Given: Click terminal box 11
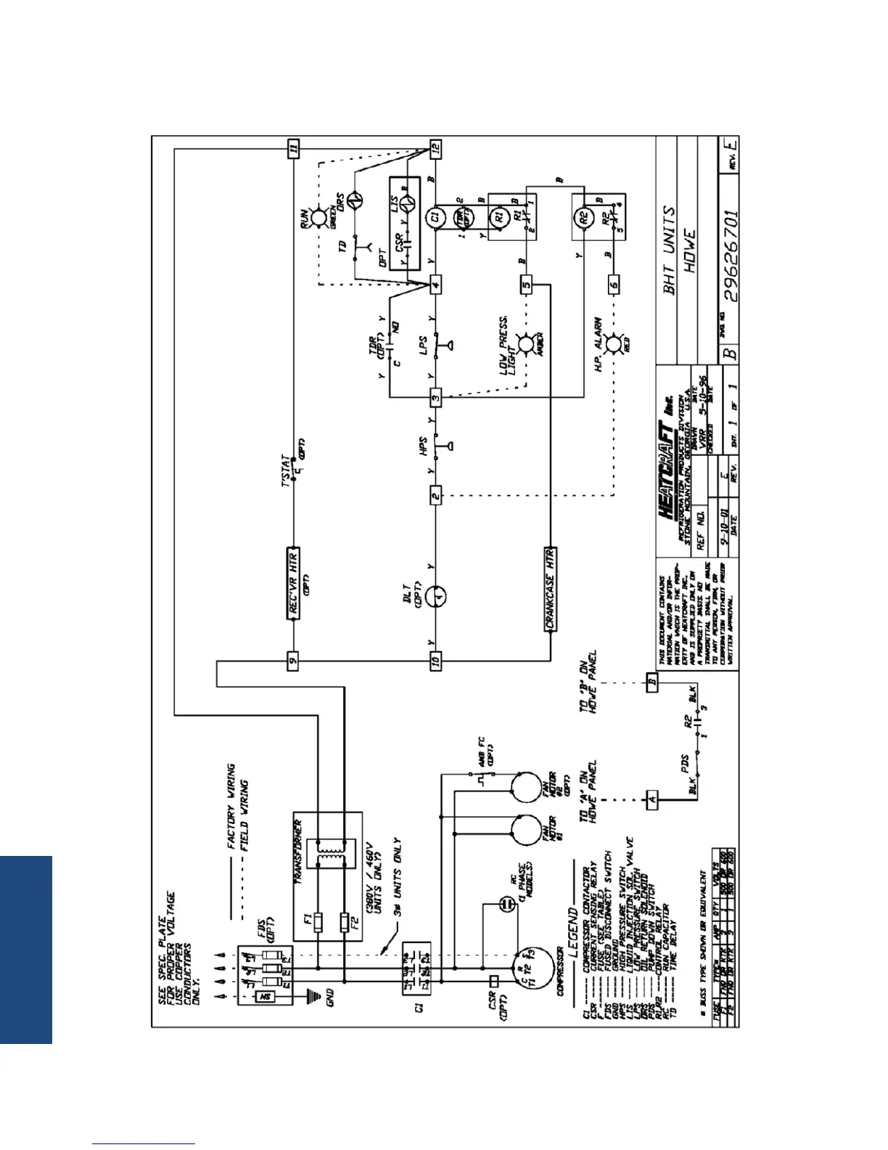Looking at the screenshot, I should click(x=293, y=149).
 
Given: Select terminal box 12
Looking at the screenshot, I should click(x=435, y=149).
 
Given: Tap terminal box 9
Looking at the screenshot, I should click(x=293, y=661).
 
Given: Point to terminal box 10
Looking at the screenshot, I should click(x=435, y=661).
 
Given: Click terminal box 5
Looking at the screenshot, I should click(x=527, y=285).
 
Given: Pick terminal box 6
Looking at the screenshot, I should click(x=614, y=285).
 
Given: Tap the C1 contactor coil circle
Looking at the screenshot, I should click(x=435, y=216).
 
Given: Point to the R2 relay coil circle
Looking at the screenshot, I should click(x=585, y=216).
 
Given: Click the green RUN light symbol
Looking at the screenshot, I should click(x=318, y=216).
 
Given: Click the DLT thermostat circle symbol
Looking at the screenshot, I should click(x=436, y=596).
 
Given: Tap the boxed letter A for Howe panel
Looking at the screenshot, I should click(x=652, y=800).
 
